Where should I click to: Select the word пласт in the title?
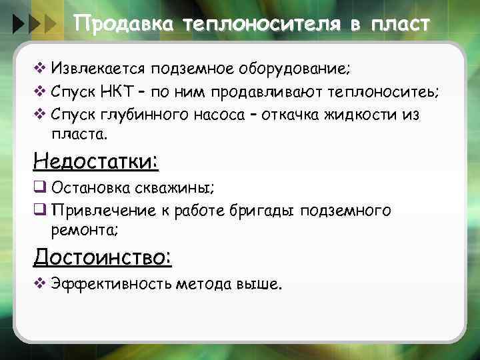(403, 25)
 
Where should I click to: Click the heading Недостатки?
(95, 161)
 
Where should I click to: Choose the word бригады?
(265, 211)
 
